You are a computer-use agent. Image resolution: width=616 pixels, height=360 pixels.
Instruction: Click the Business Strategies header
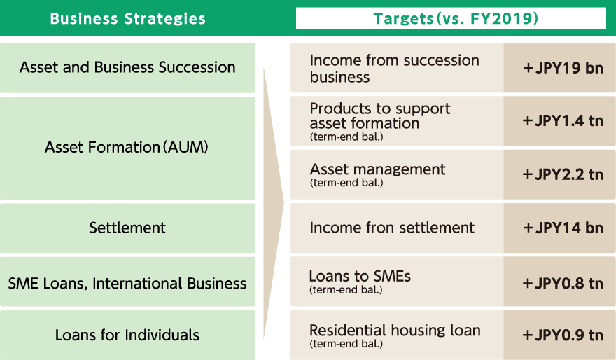point(127,18)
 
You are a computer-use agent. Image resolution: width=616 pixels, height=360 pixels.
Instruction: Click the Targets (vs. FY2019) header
point(456,18)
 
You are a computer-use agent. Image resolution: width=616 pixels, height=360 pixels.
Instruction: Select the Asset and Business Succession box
point(127,68)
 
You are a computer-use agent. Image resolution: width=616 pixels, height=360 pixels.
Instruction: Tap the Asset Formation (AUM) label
point(127,147)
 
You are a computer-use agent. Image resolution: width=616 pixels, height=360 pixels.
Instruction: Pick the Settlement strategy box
point(127,228)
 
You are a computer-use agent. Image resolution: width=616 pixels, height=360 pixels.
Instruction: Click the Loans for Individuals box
point(127,335)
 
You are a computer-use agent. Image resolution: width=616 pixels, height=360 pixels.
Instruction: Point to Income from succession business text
point(394,69)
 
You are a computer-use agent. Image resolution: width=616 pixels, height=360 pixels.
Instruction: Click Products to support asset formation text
point(380,116)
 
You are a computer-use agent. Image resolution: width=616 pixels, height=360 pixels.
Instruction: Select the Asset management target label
point(377,169)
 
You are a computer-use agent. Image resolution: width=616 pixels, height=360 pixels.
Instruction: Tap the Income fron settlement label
point(392,228)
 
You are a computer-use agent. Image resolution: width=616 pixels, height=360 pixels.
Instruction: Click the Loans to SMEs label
point(360,276)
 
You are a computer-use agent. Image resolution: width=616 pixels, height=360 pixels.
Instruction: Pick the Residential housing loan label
point(395,331)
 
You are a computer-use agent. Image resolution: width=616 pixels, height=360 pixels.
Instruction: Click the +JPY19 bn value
point(563,68)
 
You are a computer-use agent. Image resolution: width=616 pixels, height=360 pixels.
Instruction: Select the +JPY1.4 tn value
point(563,120)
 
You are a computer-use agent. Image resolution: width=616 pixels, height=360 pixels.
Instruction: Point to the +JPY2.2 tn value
point(563,174)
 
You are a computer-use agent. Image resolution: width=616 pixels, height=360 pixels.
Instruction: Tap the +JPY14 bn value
point(563,228)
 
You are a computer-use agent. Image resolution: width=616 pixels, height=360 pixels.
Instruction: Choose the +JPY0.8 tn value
point(563,284)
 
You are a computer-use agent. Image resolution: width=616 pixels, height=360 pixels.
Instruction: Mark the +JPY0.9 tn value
point(563,335)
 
